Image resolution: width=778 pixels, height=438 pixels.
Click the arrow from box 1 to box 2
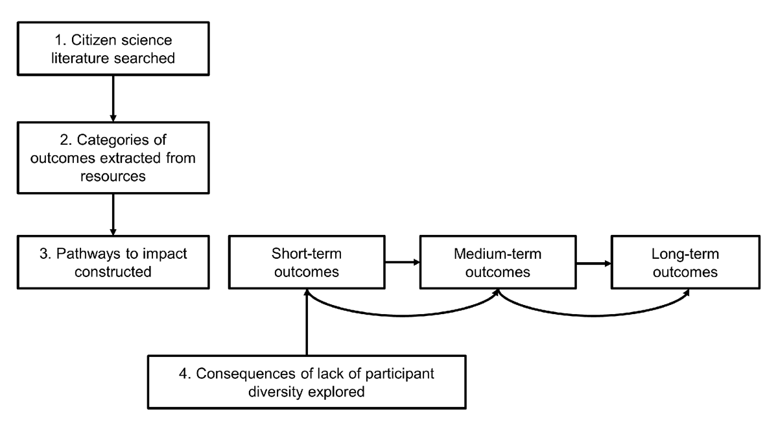(113, 97)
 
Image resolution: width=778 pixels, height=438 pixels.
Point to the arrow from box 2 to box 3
(113, 214)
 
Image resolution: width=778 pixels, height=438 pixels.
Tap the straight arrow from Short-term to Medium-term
(402, 263)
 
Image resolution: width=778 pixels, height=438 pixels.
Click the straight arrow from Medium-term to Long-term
(593, 263)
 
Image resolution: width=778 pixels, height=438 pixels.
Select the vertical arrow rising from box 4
(307, 324)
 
